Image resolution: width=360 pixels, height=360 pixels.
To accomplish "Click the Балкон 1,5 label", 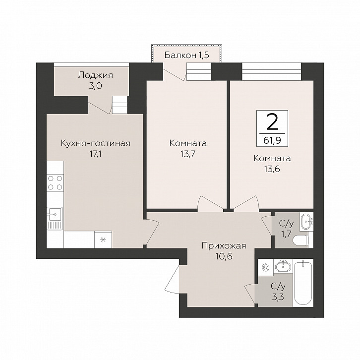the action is [x=187, y=55].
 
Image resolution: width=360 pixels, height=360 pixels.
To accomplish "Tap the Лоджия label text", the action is [x=96, y=75].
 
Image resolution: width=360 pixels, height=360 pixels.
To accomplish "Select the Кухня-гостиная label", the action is [x=96, y=143].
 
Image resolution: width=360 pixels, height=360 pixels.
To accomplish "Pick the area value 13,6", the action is [x=272, y=169].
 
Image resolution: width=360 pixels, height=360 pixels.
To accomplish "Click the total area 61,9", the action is [x=272, y=140].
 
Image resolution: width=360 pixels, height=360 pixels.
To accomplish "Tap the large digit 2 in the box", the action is [x=272, y=122].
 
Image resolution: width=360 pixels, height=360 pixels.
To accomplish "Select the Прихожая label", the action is [x=224, y=246].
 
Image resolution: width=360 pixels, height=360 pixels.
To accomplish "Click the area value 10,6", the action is [x=224, y=256].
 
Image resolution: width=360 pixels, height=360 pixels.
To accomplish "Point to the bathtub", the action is [x=303, y=283].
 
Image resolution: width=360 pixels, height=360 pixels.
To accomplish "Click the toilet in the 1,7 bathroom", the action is [x=301, y=240].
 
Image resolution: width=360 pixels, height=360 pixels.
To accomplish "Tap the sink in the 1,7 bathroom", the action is [x=306, y=221].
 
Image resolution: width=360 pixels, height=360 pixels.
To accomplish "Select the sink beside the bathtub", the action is [x=283, y=267].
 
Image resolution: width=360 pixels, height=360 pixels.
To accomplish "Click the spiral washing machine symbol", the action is [x=266, y=267].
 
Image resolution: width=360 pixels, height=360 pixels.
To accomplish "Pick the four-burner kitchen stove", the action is [x=55, y=183].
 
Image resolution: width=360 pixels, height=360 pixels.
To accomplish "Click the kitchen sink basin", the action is [x=54, y=214].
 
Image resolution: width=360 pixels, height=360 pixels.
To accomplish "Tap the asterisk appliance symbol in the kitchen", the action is [x=103, y=240].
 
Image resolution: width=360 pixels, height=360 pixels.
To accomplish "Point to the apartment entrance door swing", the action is [x=172, y=279].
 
